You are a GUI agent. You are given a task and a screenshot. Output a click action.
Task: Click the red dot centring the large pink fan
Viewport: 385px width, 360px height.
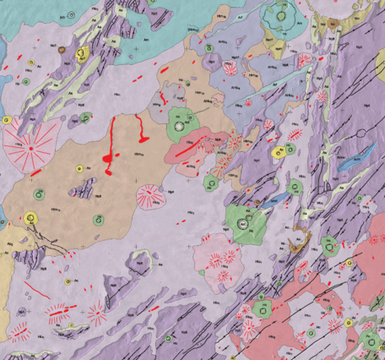31,149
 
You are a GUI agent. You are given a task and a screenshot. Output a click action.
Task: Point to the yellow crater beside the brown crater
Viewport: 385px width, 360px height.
81,53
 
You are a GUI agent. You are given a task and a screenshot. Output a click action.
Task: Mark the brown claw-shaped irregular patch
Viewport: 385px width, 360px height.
296,247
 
